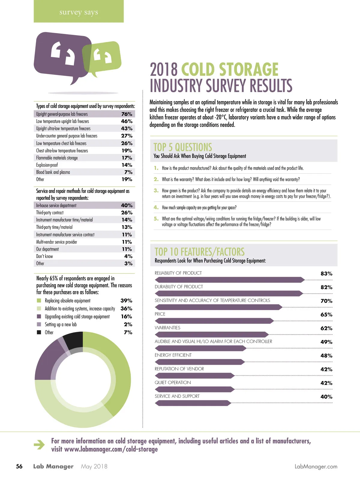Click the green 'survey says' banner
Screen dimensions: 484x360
click(x=79, y=11)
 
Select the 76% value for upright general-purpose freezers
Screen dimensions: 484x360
click(x=127, y=114)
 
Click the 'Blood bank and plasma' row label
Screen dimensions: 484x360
click(x=53, y=172)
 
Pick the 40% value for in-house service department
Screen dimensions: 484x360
click(x=127, y=205)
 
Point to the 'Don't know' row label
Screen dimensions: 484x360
click(x=44, y=256)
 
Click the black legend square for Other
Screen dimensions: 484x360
click(x=39, y=332)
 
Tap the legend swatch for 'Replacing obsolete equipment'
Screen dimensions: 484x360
click(x=39, y=301)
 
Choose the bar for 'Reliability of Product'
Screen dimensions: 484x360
click(x=229, y=280)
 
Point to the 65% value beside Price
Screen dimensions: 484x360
click(x=326, y=315)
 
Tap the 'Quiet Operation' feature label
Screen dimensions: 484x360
click(x=173, y=383)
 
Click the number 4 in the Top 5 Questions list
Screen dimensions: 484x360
click(x=156, y=207)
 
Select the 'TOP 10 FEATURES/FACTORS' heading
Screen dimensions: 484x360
click(x=199, y=252)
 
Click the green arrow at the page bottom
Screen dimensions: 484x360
click(x=39, y=445)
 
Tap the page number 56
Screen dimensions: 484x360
click(x=19, y=466)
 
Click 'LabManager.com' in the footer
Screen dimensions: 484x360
click(x=316, y=467)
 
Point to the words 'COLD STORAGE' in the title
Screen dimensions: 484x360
click(x=230, y=69)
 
